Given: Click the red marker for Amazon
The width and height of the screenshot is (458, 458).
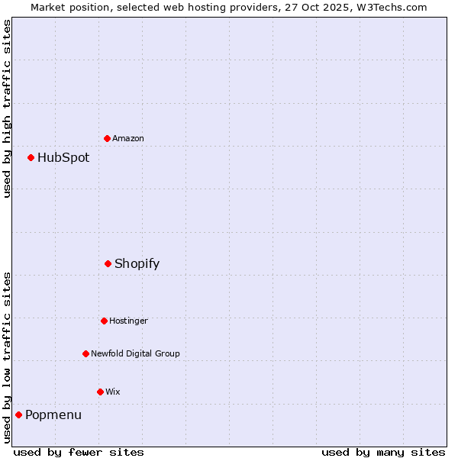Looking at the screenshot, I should coord(107,138).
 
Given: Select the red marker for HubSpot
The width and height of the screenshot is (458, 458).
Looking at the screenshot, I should coord(31,157).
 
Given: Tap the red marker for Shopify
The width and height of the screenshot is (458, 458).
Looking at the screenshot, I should coord(108,263).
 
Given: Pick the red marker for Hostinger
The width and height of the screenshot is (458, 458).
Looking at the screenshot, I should coord(104,321).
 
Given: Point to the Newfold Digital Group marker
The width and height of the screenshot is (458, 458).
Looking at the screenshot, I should coord(85,353).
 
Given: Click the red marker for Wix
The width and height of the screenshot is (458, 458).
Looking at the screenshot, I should coord(100,392).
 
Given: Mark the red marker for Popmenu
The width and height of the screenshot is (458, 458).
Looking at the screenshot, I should coord(18,414).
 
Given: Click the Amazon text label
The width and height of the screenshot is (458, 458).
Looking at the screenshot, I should coord(128,138).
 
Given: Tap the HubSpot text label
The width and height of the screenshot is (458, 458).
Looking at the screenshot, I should coord(63,158).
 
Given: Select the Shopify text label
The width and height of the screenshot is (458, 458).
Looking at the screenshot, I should coord(137,264).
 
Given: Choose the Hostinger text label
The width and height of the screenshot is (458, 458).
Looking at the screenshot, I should coord(128,321).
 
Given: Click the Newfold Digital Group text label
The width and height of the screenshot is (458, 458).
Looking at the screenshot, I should coord(136,353).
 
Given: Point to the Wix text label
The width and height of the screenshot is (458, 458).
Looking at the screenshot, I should coord(113,392).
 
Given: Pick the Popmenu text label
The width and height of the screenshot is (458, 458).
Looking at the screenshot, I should coord(53,415).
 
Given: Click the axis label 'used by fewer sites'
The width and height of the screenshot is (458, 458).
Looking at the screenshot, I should coord(79,452).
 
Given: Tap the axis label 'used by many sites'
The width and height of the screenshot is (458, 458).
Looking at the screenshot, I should coord(383,452).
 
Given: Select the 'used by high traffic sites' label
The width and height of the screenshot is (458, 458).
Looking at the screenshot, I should coord(8,108).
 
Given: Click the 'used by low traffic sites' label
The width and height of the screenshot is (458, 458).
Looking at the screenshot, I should coord(8,357).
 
